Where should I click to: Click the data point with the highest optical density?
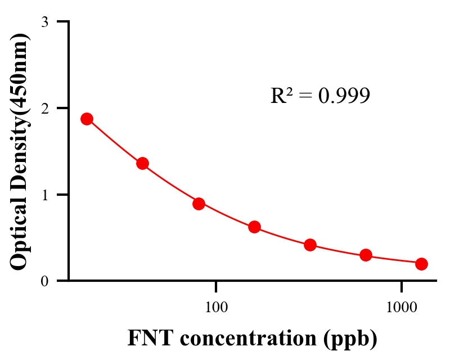(x=87, y=119)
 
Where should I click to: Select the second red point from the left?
(x=142, y=164)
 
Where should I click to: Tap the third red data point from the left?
(x=199, y=204)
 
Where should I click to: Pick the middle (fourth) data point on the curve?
(x=254, y=227)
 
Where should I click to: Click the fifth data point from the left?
(x=310, y=245)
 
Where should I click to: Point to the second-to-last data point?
(x=366, y=255)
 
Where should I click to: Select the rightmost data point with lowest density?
(x=421, y=264)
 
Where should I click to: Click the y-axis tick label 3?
(x=44, y=22)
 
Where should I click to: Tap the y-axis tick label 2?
(x=44, y=109)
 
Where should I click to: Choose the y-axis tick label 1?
(x=44, y=195)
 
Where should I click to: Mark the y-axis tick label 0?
(x=44, y=281)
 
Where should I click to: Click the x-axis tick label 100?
(x=216, y=307)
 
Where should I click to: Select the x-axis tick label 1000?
(x=402, y=307)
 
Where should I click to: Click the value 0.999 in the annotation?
(x=344, y=96)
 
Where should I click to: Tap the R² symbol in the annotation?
(x=281, y=96)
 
